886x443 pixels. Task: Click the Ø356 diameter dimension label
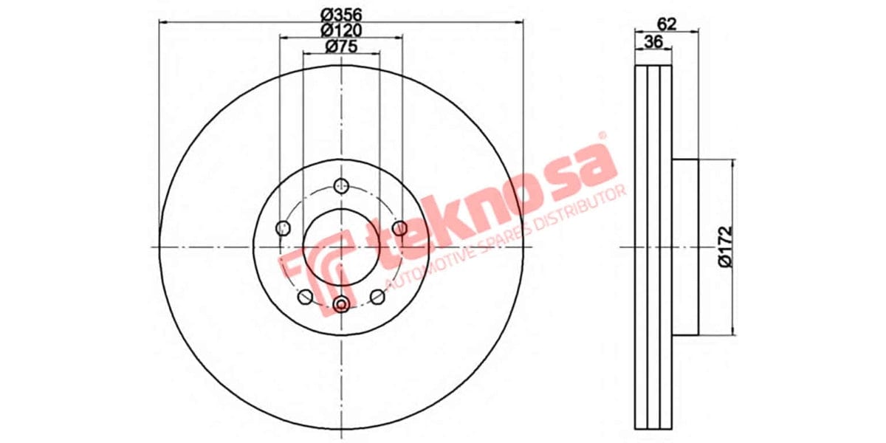tap(341, 13)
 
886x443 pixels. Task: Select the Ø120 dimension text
tap(341, 30)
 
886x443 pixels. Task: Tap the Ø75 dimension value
tap(341, 47)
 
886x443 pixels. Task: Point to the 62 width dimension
tap(666, 23)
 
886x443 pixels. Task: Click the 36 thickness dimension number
tap(653, 42)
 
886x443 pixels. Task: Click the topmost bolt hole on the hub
tap(341, 185)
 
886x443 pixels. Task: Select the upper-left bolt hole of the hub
tap(282, 228)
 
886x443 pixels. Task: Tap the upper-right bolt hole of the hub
tap(399, 227)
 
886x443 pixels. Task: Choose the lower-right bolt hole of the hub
tap(377, 297)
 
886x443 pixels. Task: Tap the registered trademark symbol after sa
tap(602, 137)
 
